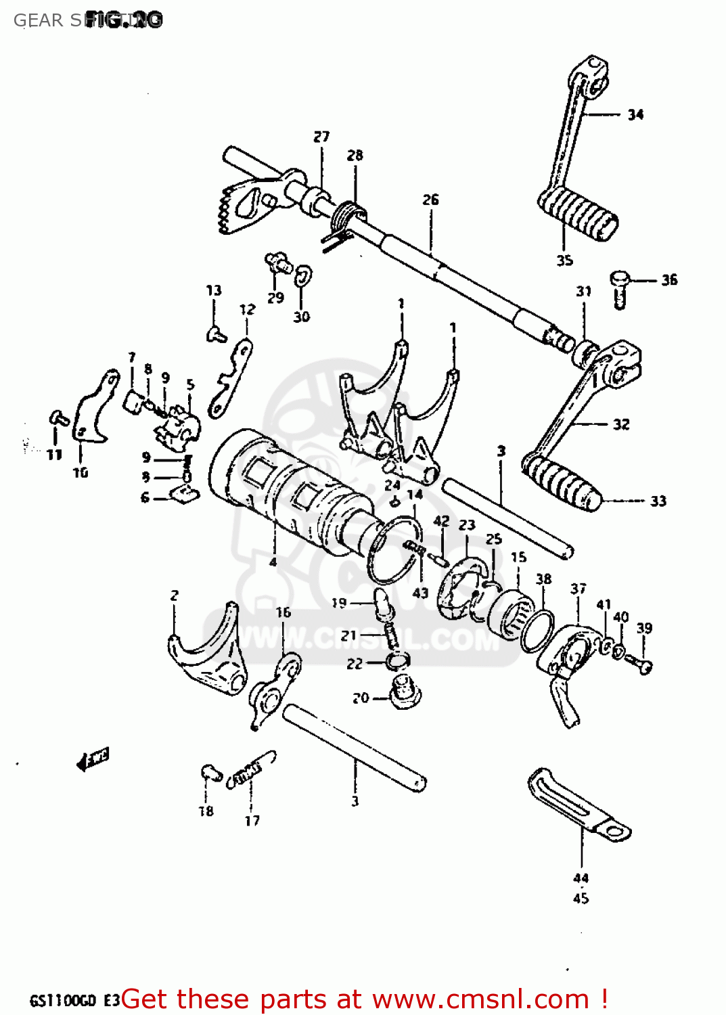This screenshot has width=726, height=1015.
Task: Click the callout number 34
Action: tap(635, 114)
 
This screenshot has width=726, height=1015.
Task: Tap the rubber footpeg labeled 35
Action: tap(579, 213)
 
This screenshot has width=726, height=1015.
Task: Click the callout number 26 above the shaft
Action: tap(430, 200)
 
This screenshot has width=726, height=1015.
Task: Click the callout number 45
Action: tap(581, 899)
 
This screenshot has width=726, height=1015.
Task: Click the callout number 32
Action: tap(620, 424)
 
